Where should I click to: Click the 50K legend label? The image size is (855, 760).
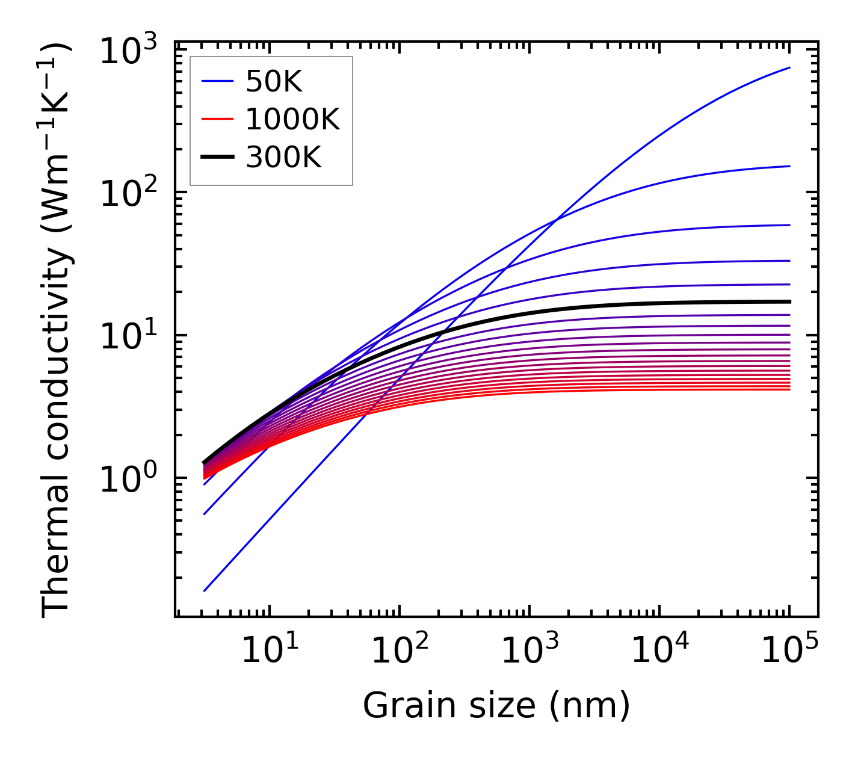tap(274, 82)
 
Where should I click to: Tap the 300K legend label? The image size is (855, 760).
tap(283, 158)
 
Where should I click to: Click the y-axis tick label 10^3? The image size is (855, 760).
tap(128, 52)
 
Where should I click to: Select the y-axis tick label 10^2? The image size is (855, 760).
tap(128, 194)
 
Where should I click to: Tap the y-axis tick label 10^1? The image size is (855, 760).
tap(128, 338)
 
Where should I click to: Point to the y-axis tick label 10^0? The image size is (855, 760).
tap(128, 480)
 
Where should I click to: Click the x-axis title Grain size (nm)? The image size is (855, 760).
tap(496, 705)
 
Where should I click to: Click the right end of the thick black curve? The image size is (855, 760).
tap(789, 301)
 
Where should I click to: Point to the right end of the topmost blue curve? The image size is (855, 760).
tap(789, 67)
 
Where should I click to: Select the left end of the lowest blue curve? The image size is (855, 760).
tap(204, 591)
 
